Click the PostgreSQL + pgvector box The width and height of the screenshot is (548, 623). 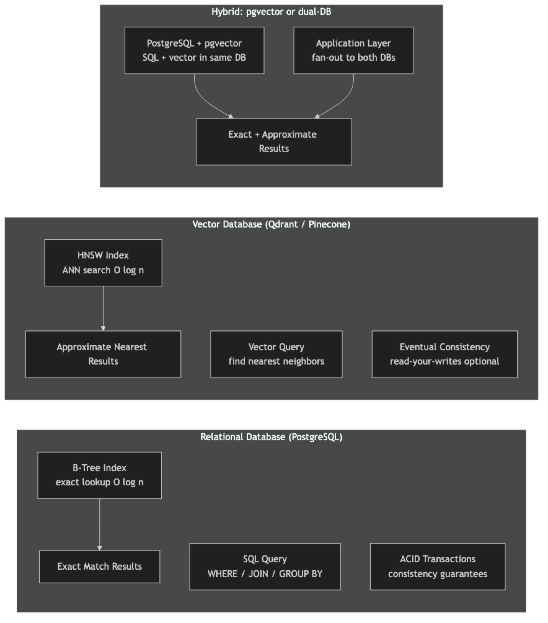194,50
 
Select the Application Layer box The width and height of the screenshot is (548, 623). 353,50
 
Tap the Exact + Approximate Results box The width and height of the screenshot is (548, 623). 274,142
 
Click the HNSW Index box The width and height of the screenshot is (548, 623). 103,263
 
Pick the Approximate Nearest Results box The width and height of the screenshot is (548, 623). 103,354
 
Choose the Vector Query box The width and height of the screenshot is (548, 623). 276,354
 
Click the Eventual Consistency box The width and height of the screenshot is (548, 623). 444,354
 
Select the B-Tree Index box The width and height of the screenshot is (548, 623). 99,475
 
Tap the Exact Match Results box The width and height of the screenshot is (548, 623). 99,567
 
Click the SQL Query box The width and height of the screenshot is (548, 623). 265,567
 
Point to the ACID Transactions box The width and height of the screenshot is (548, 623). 437,567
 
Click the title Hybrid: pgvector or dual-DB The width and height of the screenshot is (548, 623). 271,12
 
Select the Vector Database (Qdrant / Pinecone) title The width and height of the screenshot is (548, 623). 271,224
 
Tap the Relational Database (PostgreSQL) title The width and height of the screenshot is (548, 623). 271,437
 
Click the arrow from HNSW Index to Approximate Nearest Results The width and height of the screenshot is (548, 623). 103,308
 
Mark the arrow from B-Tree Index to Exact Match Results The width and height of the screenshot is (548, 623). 99,524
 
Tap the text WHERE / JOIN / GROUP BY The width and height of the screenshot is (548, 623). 265,574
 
